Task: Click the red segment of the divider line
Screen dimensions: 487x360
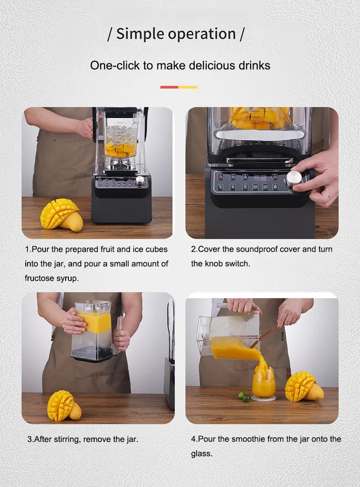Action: [x=169, y=87]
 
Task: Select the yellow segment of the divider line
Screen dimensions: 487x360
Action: [x=188, y=87]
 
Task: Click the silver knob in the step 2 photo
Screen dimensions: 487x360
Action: [x=294, y=178]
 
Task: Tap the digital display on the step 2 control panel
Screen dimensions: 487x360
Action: [x=260, y=176]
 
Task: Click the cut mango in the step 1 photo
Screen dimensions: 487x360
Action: [x=61, y=215]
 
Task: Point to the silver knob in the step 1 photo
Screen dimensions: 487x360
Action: [x=140, y=181]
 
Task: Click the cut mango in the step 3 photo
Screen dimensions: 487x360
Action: [x=63, y=406]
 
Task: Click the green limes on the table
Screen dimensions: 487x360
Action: [x=244, y=397]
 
